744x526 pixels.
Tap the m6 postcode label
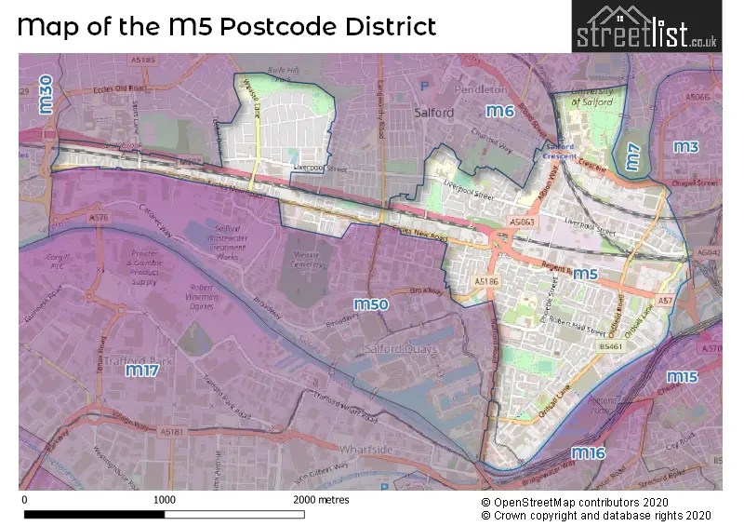(500, 112)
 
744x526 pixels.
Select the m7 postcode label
(632, 157)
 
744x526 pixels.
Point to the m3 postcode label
(685, 147)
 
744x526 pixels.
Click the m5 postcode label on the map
(584, 274)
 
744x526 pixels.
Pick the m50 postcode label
(371, 303)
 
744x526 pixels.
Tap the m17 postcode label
(142, 371)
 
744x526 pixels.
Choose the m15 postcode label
(682, 377)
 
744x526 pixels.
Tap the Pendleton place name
(481, 90)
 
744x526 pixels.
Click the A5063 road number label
(522, 223)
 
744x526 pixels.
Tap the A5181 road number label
(171, 432)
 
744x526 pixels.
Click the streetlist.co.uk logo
(646, 26)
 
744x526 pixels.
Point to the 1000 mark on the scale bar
(164, 500)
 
